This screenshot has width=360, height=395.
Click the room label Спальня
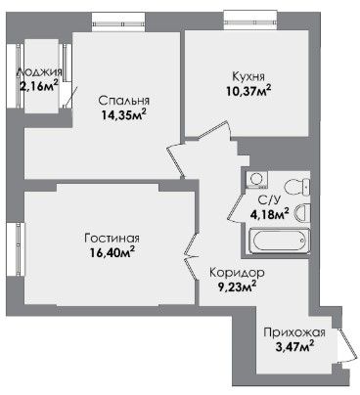click(124, 101)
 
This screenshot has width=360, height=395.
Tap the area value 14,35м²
click(123, 115)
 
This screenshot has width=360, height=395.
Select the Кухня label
click(248, 76)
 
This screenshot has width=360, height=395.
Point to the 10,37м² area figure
click(248, 90)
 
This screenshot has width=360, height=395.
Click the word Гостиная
click(112, 239)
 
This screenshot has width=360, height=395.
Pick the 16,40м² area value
click(112, 252)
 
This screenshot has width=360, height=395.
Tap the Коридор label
click(237, 272)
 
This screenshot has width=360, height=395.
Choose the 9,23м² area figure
click(237, 287)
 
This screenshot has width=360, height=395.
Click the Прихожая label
click(294, 332)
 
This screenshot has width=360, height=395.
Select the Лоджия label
click(39, 72)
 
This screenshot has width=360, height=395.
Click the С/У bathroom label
click(269, 200)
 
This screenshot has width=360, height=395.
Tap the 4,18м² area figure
click(269, 215)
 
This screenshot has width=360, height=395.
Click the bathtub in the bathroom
click(279, 241)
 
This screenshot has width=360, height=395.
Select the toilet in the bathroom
click(296, 187)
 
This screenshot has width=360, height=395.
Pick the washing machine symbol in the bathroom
click(257, 180)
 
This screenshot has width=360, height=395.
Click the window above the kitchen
click(250, 20)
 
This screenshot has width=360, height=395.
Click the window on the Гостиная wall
click(16, 249)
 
